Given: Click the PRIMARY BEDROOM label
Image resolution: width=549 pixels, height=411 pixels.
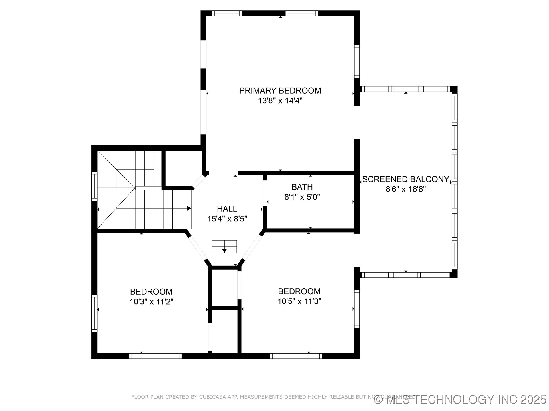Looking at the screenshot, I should pyautogui.click(x=280, y=91).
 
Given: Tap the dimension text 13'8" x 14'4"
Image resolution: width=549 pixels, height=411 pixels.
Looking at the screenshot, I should pyautogui.click(x=280, y=101).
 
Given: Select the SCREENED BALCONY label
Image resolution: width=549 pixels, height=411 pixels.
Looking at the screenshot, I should pyautogui.click(x=405, y=179).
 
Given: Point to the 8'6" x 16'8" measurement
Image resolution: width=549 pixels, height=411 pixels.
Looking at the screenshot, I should pyautogui.click(x=405, y=189).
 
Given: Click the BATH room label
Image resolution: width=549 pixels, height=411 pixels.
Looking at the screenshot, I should pyautogui.click(x=302, y=187).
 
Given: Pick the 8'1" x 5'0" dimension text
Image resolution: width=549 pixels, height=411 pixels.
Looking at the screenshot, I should pyautogui.click(x=302, y=197).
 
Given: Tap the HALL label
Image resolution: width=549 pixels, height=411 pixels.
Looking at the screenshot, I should pyautogui.click(x=227, y=209).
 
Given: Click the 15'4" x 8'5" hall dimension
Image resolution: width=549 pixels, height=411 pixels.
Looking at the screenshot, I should pyautogui.click(x=227, y=219).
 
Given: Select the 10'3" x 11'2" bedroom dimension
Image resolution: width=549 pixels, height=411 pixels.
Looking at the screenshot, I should pyautogui.click(x=151, y=302).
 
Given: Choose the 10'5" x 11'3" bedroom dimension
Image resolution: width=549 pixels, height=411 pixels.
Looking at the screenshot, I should pyautogui.click(x=299, y=301).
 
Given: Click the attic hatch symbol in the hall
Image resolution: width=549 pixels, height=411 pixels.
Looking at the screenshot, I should pyautogui.click(x=224, y=247).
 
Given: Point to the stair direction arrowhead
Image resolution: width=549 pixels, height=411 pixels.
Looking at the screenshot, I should pyautogui.click(x=189, y=208).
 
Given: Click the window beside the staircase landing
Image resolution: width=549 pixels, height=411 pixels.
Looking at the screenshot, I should pyautogui.click(x=94, y=186).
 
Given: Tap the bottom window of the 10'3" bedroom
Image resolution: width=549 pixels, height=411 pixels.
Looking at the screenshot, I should pyautogui.click(x=155, y=356).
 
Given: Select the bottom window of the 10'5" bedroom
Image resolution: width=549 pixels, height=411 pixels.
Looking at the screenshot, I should pyautogui.click(x=296, y=356).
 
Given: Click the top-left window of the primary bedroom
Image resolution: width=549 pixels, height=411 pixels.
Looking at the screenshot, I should pyautogui.click(x=227, y=13).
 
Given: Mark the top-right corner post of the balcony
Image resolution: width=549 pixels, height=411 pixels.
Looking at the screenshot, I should pyautogui.click(x=454, y=90).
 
